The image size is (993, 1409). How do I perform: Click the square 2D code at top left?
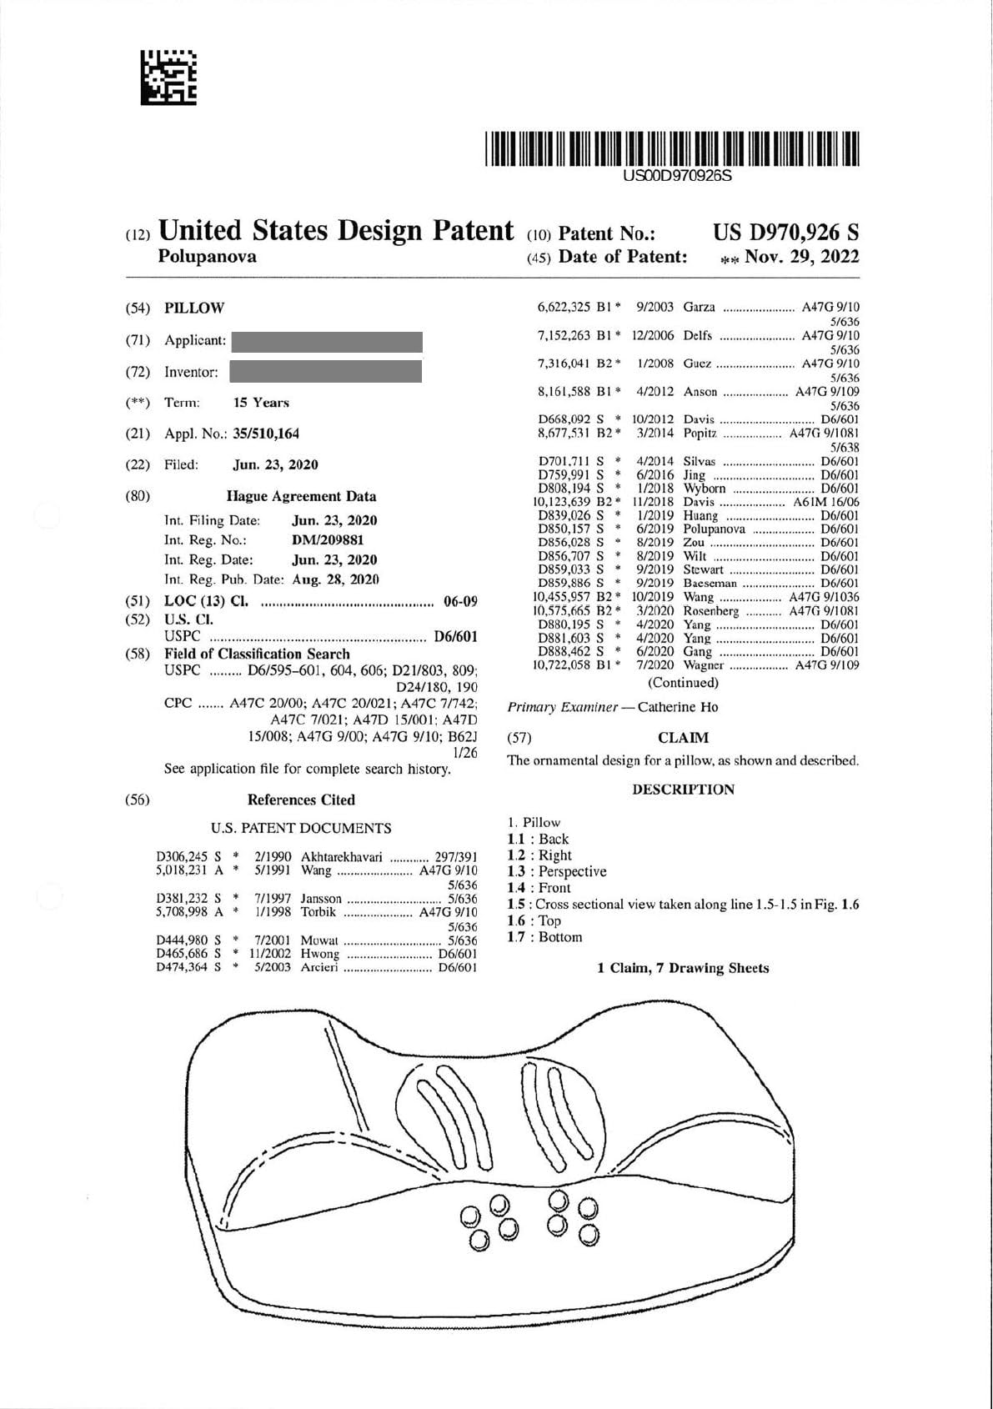click(x=168, y=77)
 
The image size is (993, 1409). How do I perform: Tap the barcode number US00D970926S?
click(x=677, y=176)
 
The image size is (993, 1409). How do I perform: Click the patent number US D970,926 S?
click(x=785, y=233)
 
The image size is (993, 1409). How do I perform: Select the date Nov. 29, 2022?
click(x=801, y=257)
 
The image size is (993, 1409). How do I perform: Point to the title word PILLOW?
click(x=194, y=308)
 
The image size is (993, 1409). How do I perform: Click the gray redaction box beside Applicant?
click(x=327, y=341)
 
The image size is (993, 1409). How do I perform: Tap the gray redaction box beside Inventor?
click(x=325, y=372)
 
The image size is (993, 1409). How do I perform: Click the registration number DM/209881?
click(x=328, y=540)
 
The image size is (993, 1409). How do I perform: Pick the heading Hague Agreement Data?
click(x=301, y=496)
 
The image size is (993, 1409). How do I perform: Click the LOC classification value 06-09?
click(x=460, y=602)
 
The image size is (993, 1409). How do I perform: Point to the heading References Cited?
click(x=301, y=800)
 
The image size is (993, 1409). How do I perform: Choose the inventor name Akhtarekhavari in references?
click(x=341, y=856)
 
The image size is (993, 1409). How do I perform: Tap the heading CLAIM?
click(x=683, y=738)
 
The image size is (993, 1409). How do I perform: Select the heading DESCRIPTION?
click(x=683, y=790)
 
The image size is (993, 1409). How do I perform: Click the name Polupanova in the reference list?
click(x=714, y=529)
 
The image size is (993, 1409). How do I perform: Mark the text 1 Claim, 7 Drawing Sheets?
click(x=683, y=968)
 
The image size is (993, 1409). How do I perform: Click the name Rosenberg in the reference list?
click(x=710, y=611)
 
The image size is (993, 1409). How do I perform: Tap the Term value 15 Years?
click(x=261, y=403)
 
